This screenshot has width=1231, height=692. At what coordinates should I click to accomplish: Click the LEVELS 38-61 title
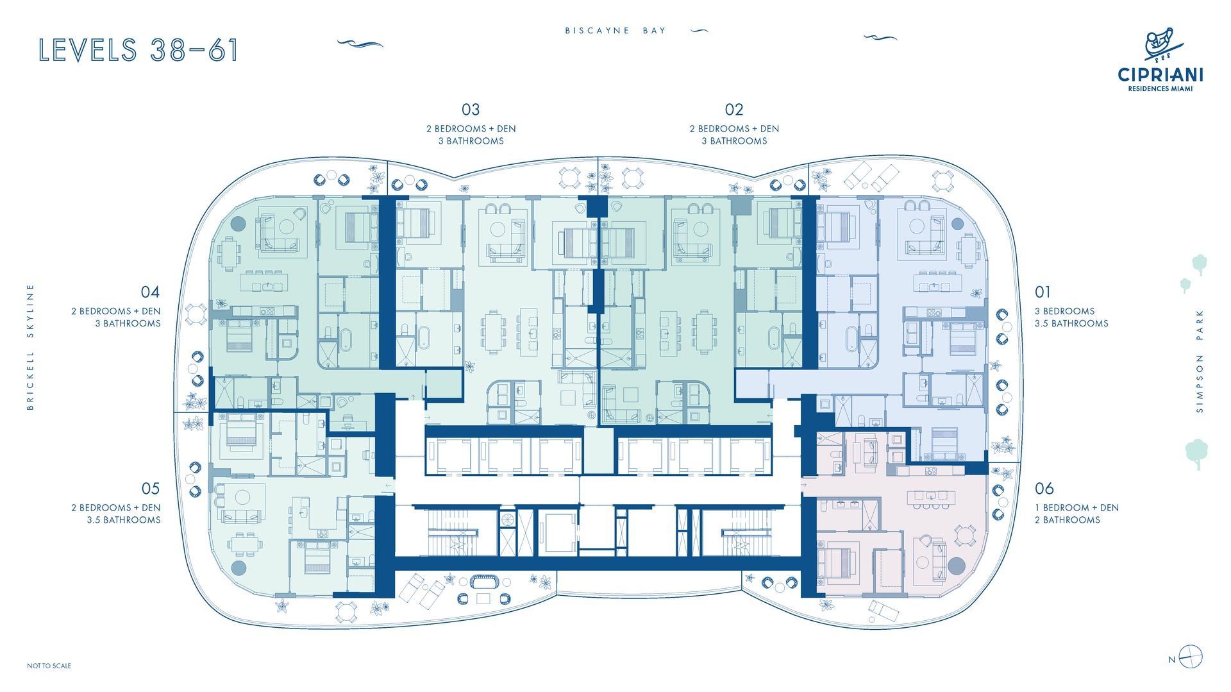(x=138, y=50)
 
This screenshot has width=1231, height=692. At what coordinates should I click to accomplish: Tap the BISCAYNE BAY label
(x=615, y=30)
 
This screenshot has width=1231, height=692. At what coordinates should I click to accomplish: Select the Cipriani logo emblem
(x=1160, y=45)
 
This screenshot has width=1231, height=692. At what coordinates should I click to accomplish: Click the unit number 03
(x=471, y=110)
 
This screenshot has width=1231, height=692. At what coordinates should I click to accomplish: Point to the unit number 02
(x=734, y=110)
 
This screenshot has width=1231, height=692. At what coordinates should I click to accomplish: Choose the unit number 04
(x=150, y=292)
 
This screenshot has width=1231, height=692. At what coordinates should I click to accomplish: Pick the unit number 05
(x=151, y=489)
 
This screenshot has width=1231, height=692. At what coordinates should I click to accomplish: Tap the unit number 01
(x=1043, y=292)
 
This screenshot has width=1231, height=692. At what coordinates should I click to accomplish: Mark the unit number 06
(x=1044, y=489)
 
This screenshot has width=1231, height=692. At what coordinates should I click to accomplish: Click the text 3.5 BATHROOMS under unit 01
(x=1071, y=323)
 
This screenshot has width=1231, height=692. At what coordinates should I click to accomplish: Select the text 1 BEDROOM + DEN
(x=1076, y=507)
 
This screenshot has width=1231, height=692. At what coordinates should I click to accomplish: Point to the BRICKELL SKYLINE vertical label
(x=29, y=347)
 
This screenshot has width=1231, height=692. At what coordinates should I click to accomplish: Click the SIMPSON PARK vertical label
(x=1200, y=361)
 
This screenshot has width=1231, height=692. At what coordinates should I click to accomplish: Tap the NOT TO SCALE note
(x=49, y=666)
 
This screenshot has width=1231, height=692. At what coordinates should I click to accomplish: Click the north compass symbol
(x=1191, y=657)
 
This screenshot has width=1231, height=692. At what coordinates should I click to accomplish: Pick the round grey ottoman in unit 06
(x=956, y=566)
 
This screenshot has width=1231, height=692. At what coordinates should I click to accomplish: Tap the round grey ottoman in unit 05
(x=239, y=567)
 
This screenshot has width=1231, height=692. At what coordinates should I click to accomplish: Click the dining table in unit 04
(x=229, y=253)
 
